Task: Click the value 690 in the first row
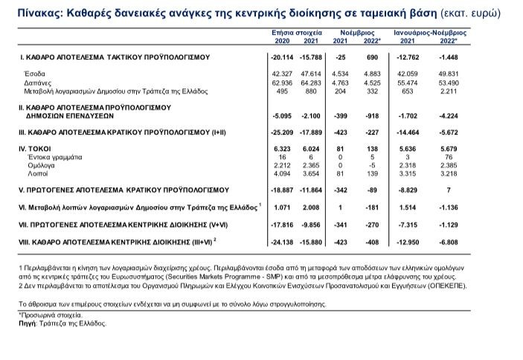point(371,57)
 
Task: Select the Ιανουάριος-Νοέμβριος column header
point(430,33)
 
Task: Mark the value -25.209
point(281,132)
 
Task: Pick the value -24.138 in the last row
point(281,242)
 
